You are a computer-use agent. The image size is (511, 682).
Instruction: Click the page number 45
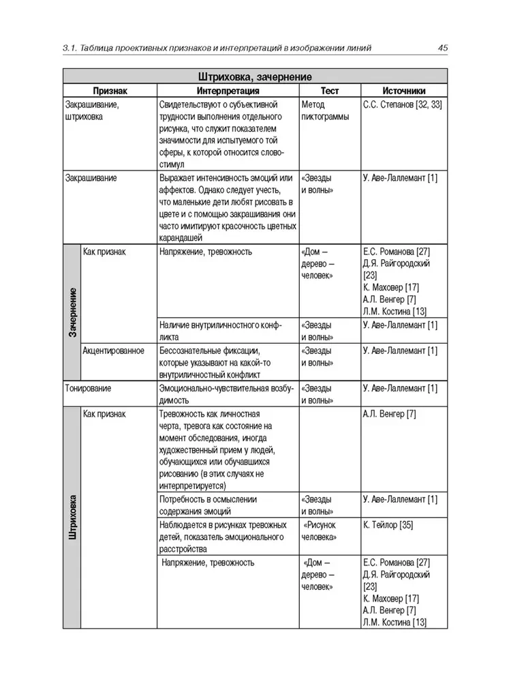click(x=442, y=47)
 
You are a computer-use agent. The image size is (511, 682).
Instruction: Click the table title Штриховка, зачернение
click(x=255, y=76)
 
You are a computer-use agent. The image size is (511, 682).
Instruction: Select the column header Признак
click(x=110, y=91)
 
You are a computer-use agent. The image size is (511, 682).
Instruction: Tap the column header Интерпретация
click(x=228, y=91)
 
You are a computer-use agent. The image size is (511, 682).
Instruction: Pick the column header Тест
click(x=329, y=91)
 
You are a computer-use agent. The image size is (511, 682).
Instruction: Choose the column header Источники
click(x=404, y=91)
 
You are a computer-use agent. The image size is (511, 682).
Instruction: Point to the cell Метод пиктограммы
click(x=324, y=110)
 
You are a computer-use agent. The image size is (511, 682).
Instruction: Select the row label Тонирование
click(x=88, y=388)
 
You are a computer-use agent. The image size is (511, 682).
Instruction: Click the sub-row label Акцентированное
click(x=113, y=351)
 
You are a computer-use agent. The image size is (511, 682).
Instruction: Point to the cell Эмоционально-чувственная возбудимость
click(x=226, y=394)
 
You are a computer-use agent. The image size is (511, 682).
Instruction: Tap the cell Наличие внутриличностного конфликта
click(x=221, y=331)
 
